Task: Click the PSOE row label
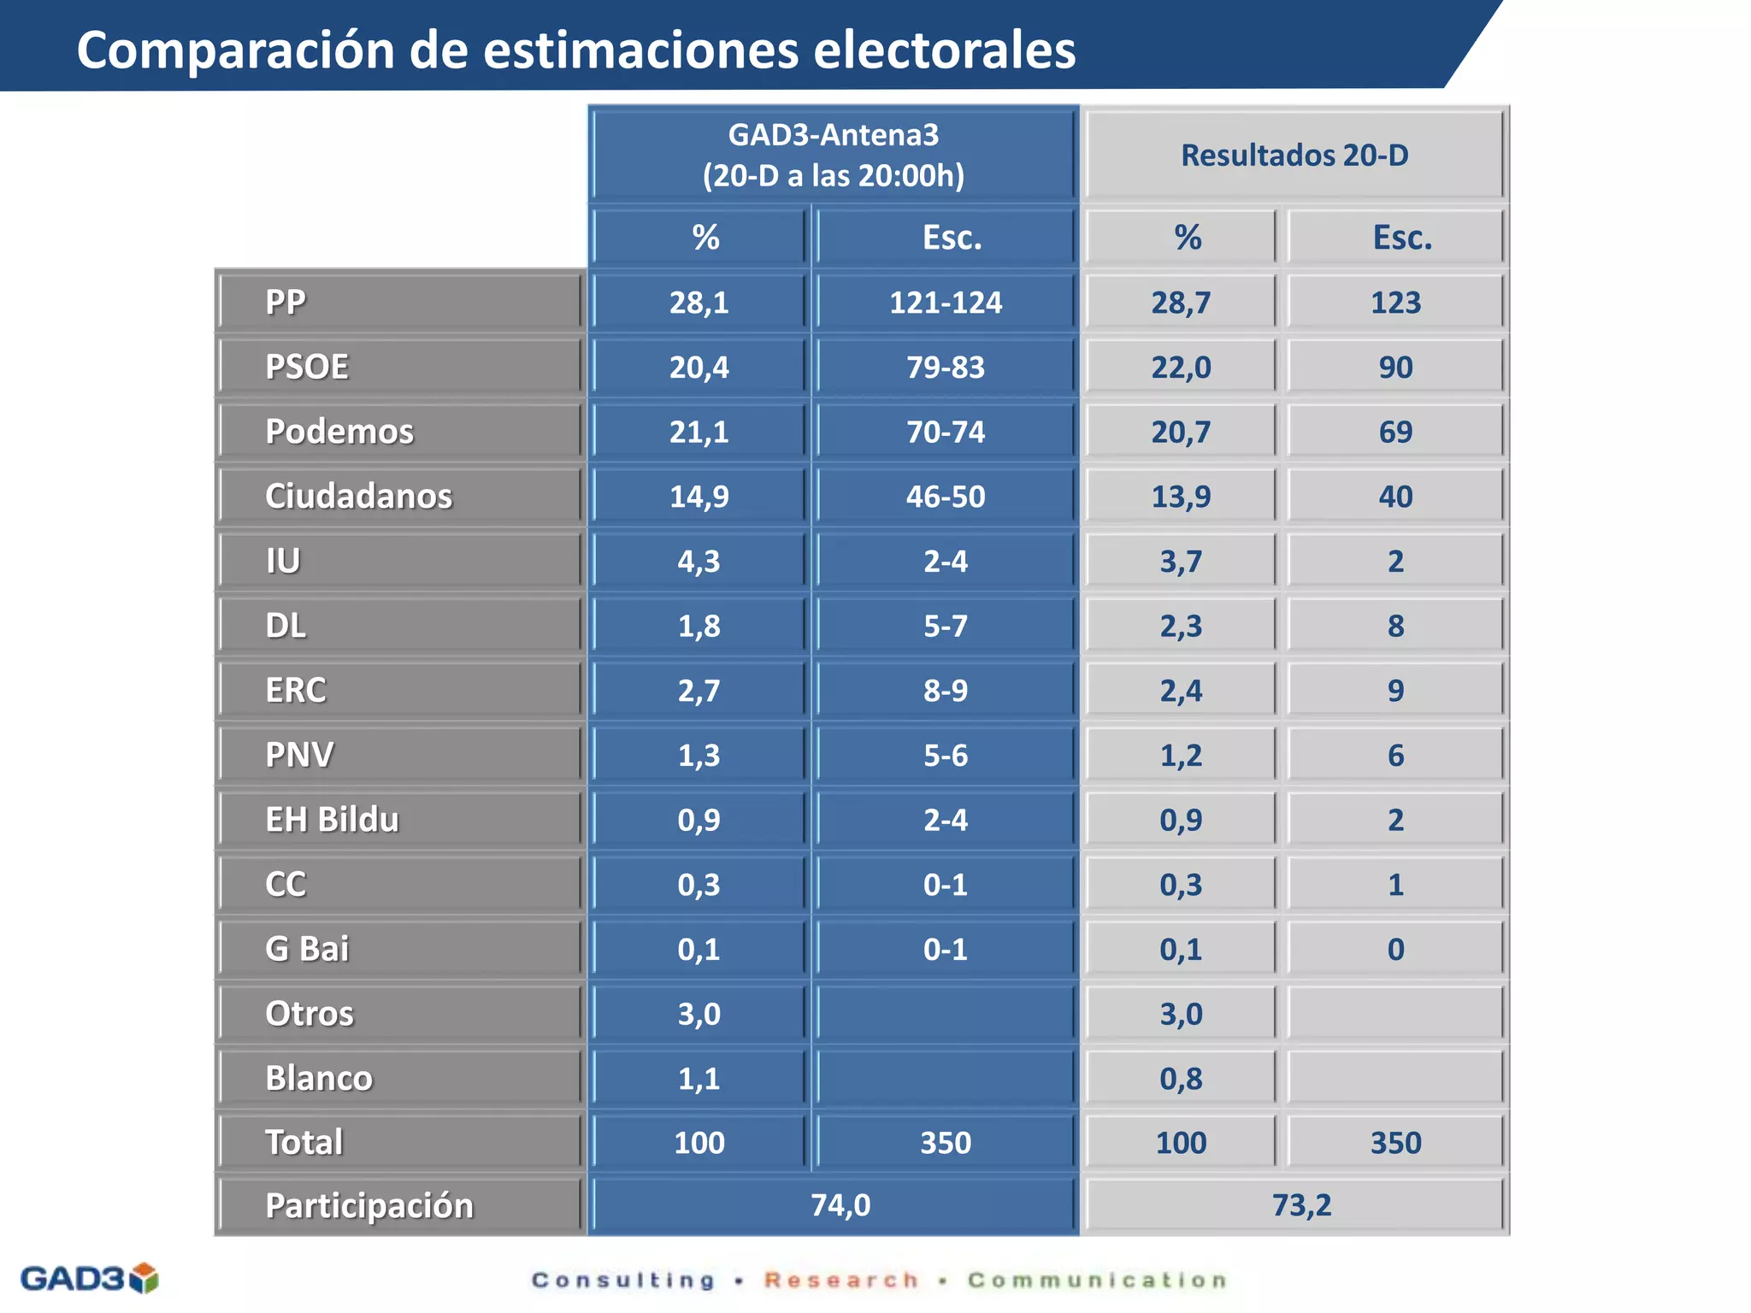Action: [307, 367]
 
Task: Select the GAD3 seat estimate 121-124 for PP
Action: [945, 303]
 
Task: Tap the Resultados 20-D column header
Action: [1294, 156]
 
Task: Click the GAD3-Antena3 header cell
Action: [833, 155]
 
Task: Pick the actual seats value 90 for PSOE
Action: [1395, 368]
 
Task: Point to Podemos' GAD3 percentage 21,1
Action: [699, 432]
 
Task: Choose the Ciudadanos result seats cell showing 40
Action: [1395, 497]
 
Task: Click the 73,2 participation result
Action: [1301, 1205]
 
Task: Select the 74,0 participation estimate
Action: [840, 1205]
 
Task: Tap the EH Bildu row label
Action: [332, 820]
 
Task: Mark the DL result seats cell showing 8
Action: [1395, 626]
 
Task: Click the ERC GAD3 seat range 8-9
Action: [945, 691]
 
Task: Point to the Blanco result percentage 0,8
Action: [1181, 1079]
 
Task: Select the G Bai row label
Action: [307, 949]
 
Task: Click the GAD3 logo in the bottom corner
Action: [89, 1279]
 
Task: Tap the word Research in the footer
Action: [841, 1281]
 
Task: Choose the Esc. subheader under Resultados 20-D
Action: [1402, 238]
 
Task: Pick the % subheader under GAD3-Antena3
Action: [705, 238]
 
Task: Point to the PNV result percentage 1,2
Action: [1181, 756]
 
